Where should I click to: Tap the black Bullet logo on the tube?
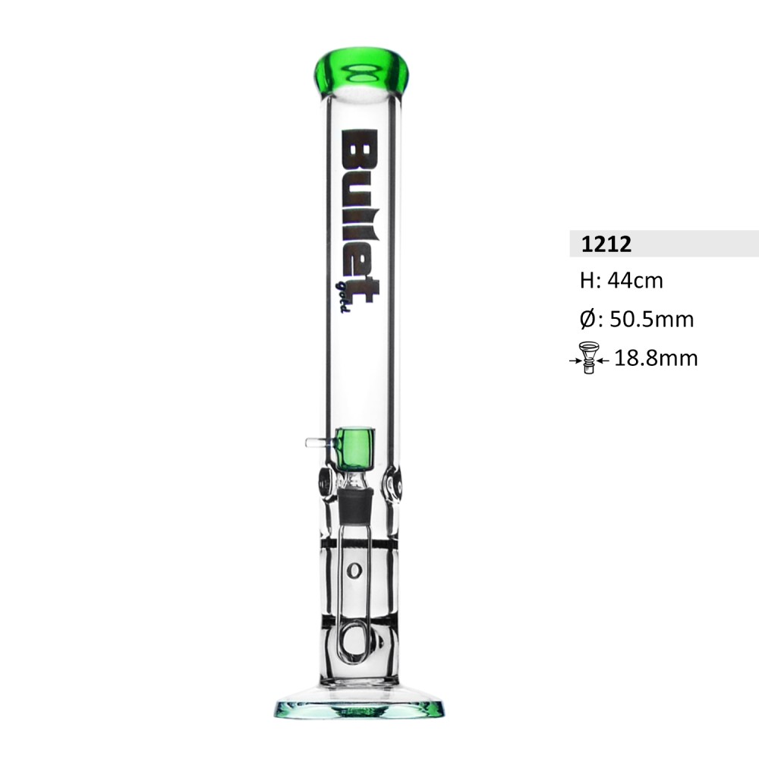click(359, 215)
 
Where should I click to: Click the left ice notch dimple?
click(324, 483)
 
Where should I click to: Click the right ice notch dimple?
click(392, 484)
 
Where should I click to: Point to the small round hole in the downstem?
click(353, 570)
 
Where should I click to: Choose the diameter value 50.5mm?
click(652, 320)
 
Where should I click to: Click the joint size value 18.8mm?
click(656, 358)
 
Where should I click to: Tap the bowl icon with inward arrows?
click(588, 358)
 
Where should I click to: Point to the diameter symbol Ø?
click(586, 320)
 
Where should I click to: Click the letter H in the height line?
click(585, 281)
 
